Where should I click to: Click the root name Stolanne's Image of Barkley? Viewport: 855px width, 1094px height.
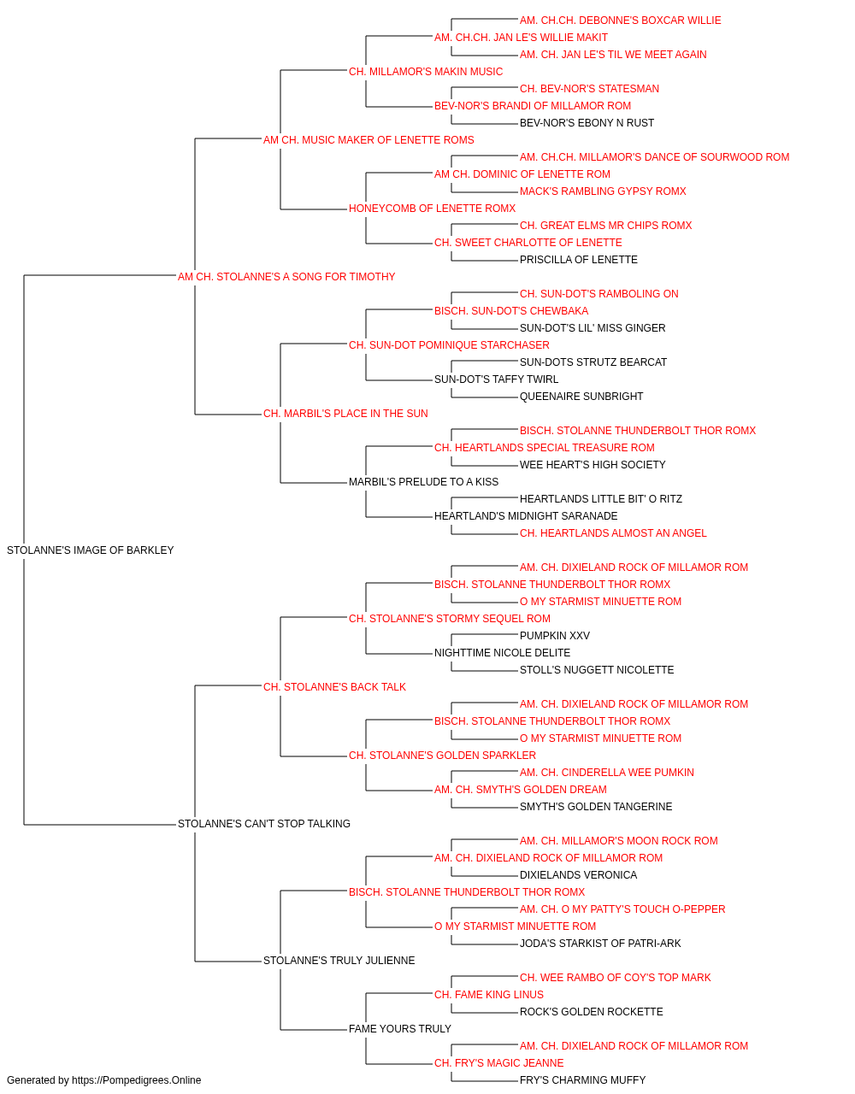tap(90, 550)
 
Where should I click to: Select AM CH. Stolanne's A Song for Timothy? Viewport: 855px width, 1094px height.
tap(286, 277)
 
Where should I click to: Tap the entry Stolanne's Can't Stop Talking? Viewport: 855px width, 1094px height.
tap(264, 824)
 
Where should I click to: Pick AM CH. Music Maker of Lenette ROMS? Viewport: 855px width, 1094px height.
tap(369, 140)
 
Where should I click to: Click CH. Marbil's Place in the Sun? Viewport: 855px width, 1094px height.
tap(345, 414)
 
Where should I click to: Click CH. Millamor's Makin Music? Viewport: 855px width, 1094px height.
tap(426, 72)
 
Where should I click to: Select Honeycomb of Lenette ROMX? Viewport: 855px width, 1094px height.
tap(432, 209)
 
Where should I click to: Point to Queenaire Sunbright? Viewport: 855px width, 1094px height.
tap(581, 397)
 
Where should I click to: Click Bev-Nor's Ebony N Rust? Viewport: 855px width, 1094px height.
tap(587, 123)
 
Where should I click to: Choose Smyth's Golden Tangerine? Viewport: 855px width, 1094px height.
tap(596, 807)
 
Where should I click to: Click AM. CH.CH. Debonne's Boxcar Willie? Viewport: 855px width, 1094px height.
tap(621, 21)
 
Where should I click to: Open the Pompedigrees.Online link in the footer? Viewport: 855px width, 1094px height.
tap(136, 1080)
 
